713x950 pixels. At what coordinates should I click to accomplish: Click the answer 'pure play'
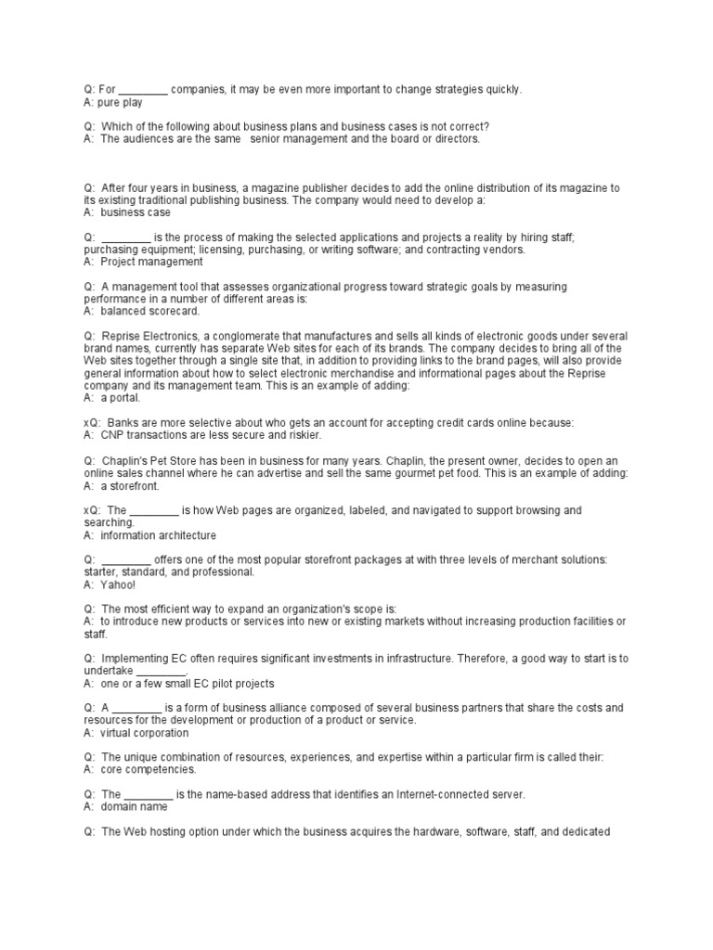120,103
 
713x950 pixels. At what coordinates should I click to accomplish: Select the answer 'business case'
136,212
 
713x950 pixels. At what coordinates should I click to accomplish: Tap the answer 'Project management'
151,262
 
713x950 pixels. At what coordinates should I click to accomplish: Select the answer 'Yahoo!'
118,584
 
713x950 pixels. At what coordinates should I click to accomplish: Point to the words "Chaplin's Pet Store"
148,461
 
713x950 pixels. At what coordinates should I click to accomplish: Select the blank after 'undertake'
162,671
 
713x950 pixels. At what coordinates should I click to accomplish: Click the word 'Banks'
123,423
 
